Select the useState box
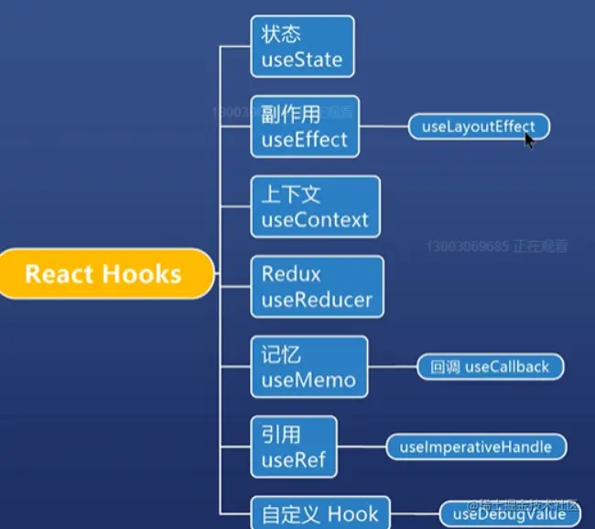pyautogui.click(x=301, y=47)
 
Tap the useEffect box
pyautogui.click(x=304, y=127)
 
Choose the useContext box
pyautogui.click(x=314, y=206)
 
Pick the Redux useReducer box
pyautogui.click(x=316, y=286)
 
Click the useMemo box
pyautogui.click(x=308, y=367)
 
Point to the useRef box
pyautogui.click(x=293, y=446)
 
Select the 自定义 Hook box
pyautogui.click(x=319, y=513)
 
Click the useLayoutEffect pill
pyautogui.click(x=478, y=126)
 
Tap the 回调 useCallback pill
pyautogui.click(x=490, y=367)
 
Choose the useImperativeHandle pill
pyautogui.click(x=475, y=446)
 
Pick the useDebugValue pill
pyautogui.click(x=509, y=514)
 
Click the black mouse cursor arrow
pyautogui.click(x=528, y=140)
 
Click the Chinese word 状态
pyautogui.click(x=281, y=35)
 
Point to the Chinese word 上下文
pyautogui.click(x=290, y=194)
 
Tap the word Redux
pyautogui.click(x=291, y=273)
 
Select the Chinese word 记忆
pyautogui.click(x=281, y=354)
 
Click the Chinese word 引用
pyautogui.click(x=281, y=434)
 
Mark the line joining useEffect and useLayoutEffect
pyautogui.click(x=384, y=127)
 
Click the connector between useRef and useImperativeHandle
pyautogui.click(x=362, y=446)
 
